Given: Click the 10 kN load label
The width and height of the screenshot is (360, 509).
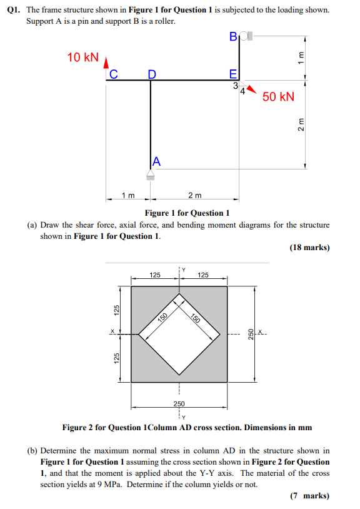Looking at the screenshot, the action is coord(82,58).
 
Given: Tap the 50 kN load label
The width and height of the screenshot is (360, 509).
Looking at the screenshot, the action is coord(278,96).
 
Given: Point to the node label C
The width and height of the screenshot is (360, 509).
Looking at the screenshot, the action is coord(113,74).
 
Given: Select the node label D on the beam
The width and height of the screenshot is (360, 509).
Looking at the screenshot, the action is coord(151,74).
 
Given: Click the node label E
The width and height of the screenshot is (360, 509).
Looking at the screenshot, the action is coord(234,74).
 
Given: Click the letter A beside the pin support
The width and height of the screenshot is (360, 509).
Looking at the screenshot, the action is coord(156,161).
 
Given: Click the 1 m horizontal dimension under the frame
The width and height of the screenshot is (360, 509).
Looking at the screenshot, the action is coord(128,196).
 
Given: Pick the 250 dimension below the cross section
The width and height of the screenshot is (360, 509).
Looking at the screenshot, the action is coord(179,405).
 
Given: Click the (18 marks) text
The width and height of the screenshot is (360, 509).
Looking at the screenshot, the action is coord(309,248).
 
